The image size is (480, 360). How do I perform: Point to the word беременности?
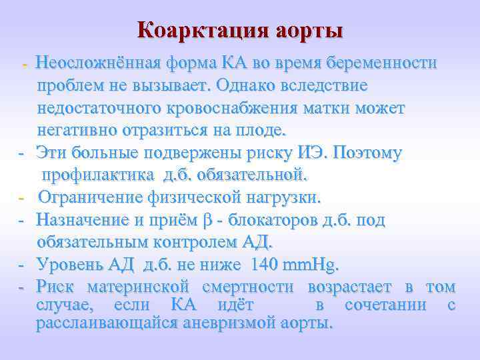(378, 63)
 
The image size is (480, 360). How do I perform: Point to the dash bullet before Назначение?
(21, 219)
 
